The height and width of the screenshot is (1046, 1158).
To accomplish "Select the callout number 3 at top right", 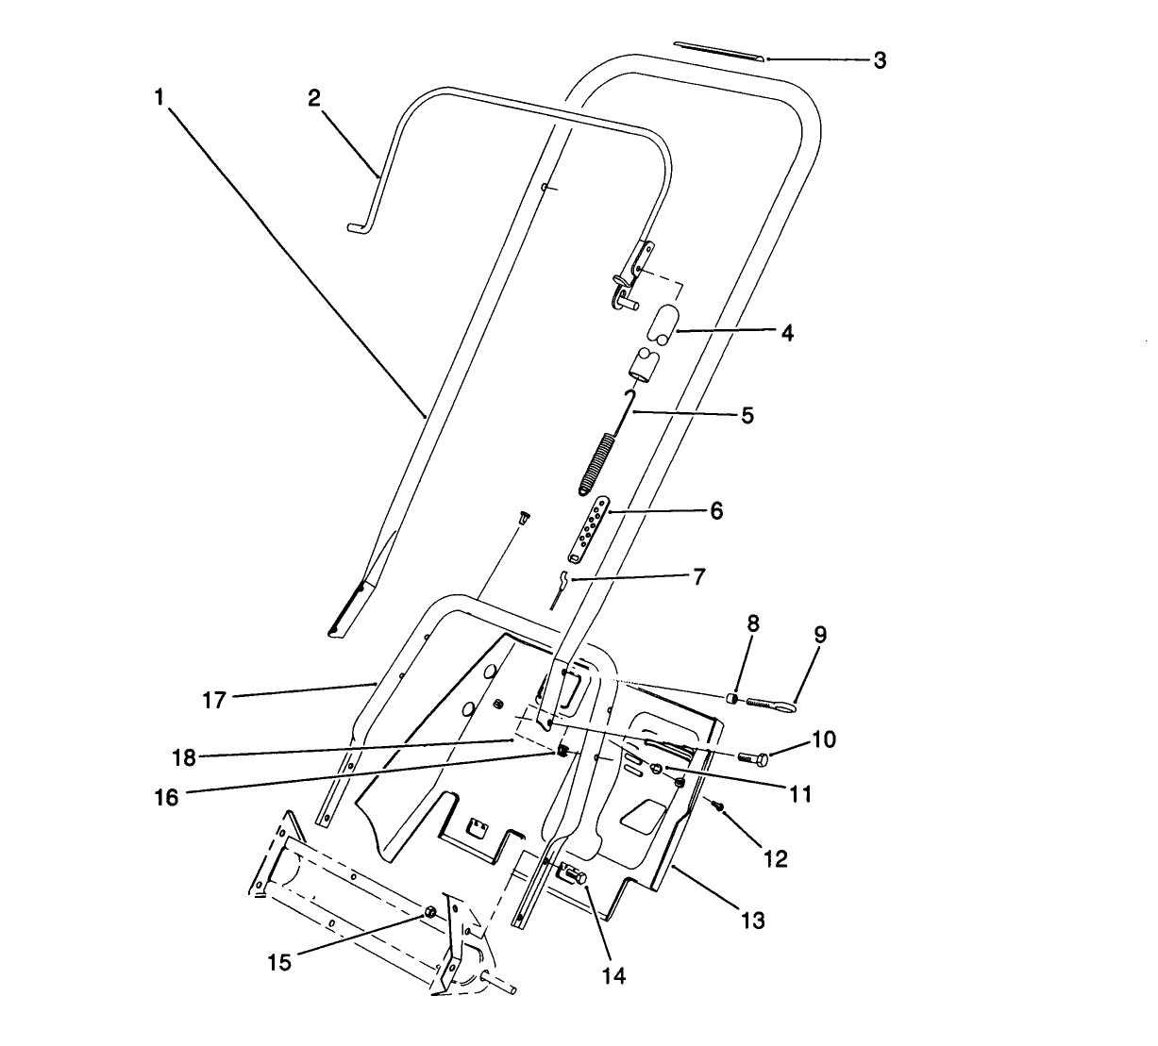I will click(x=879, y=60).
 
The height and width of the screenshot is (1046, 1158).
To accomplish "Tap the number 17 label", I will click(x=216, y=702).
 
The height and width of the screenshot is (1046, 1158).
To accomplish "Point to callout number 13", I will click(x=753, y=920).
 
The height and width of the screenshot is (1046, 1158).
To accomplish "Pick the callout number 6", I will click(x=716, y=510).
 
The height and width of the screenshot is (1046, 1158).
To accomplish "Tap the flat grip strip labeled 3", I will click(x=718, y=50).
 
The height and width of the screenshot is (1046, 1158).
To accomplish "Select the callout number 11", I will click(x=800, y=793).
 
